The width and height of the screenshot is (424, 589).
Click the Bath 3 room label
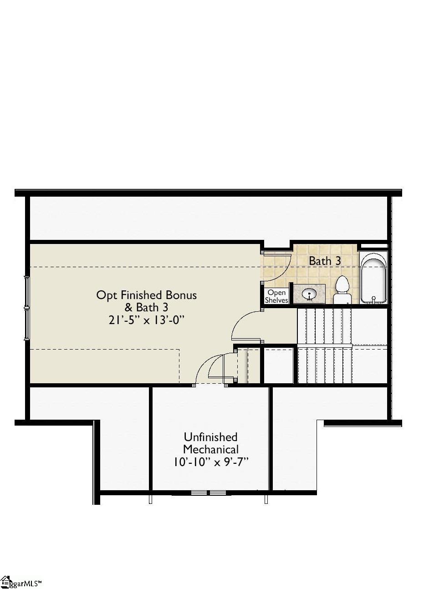(325, 261)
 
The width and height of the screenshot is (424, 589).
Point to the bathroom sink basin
(309, 293)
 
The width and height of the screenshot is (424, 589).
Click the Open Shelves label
(276, 296)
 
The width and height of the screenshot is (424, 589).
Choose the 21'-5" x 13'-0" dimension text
(146, 320)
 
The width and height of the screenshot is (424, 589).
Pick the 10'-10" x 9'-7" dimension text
(210, 462)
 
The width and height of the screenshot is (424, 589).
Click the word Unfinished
(210, 437)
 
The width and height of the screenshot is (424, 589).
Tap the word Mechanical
(210, 449)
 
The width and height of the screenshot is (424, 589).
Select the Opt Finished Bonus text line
(146, 295)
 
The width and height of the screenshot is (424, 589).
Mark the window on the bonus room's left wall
(27, 307)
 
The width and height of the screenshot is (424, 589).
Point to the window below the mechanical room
(208, 493)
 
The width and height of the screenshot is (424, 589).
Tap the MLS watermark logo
(20, 582)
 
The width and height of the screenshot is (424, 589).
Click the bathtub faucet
(373, 299)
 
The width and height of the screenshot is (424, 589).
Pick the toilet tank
(342, 299)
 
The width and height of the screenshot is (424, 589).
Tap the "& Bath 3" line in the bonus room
(146, 307)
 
